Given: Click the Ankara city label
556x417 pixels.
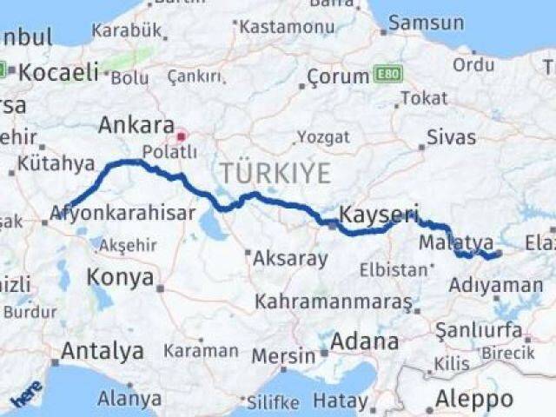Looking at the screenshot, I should pyautogui.click(x=136, y=124).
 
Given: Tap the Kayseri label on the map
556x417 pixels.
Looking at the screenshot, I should pyautogui.click(x=380, y=213).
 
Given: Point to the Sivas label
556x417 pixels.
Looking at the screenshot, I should pyautogui.click(x=452, y=137).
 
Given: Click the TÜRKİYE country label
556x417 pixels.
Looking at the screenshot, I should pyautogui.click(x=275, y=173).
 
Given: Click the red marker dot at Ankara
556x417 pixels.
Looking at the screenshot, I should pyautogui.click(x=181, y=136).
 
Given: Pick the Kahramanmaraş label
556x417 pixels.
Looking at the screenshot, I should pyautogui.click(x=333, y=301).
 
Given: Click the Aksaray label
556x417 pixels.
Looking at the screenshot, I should pyautogui.click(x=290, y=258).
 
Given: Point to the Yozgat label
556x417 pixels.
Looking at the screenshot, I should pyautogui.click(x=323, y=137).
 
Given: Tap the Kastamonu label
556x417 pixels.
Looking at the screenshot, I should pyautogui.click(x=287, y=27).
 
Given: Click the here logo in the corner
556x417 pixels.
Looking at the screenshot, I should pyautogui.click(x=26, y=396).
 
